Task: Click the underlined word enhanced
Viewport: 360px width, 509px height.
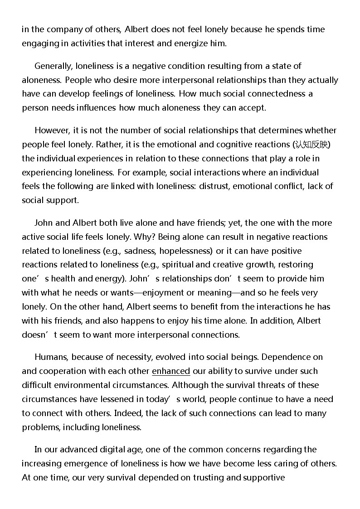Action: (x=171, y=371)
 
